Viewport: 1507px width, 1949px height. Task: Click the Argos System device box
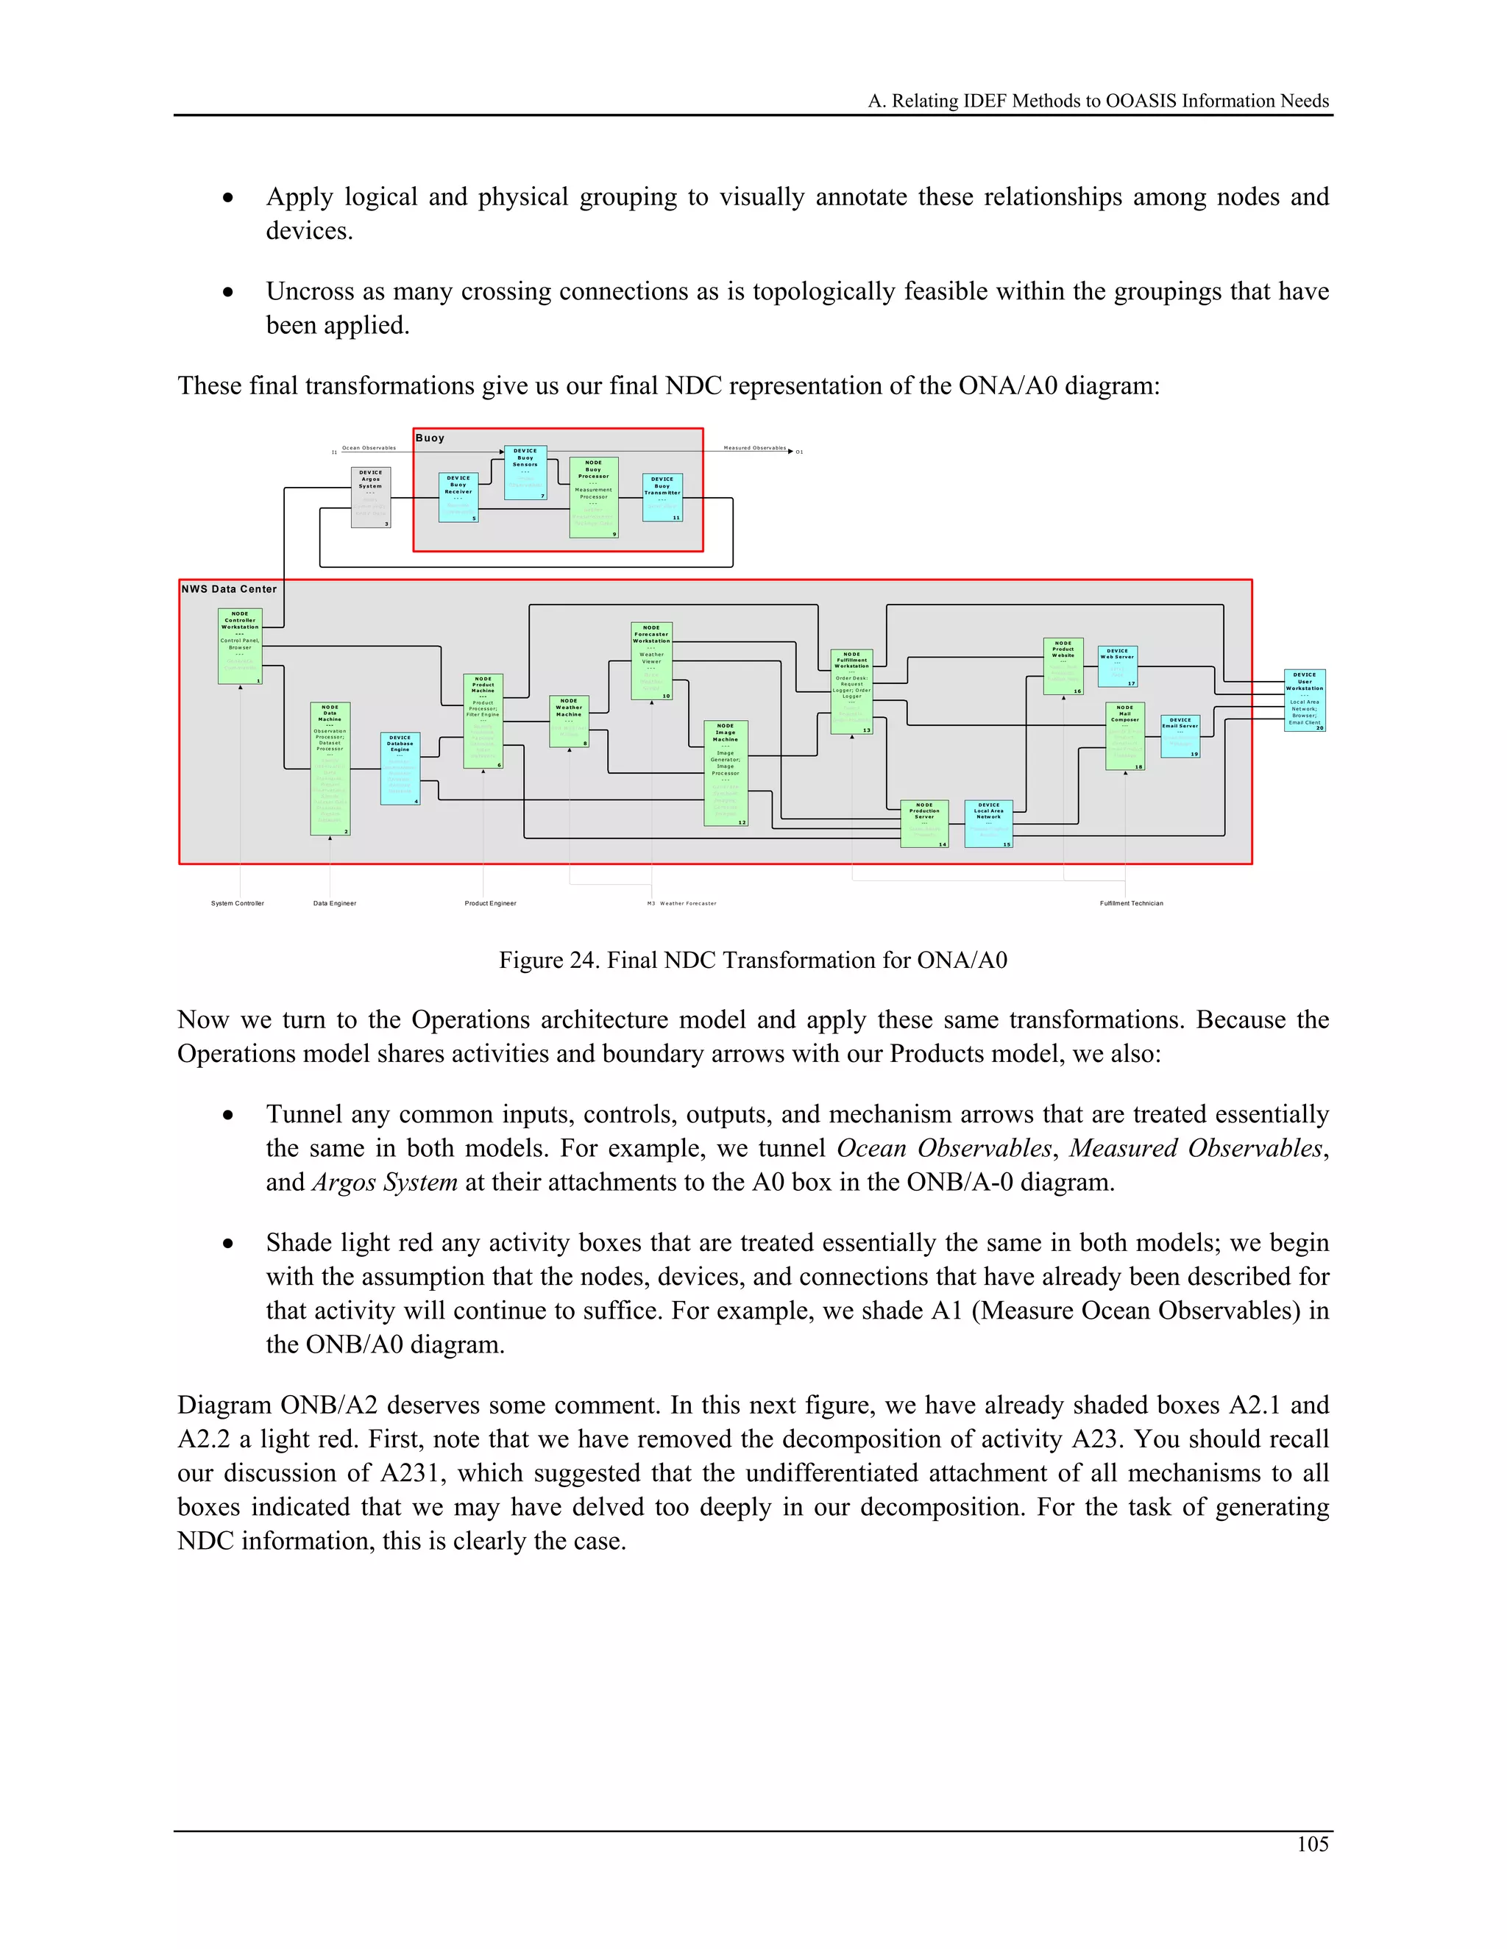point(371,497)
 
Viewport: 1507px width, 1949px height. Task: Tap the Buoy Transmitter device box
point(662,497)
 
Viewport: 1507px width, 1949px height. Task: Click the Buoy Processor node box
point(594,498)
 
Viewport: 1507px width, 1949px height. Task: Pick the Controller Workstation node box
point(240,646)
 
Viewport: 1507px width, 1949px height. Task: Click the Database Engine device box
point(400,769)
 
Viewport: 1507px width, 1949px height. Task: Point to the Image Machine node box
point(726,773)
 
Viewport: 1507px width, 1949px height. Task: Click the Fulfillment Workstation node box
point(851,691)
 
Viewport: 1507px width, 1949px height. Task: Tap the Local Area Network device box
point(988,823)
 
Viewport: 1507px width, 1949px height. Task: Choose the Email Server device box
point(1180,736)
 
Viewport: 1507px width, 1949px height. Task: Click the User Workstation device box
point(1305,700)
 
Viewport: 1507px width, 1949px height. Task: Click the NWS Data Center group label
point(230,589)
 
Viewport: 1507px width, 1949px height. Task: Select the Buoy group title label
point(430,438)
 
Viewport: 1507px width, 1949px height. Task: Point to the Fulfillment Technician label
point(1131,903)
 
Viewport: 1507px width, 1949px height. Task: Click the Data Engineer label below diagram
point(335,903)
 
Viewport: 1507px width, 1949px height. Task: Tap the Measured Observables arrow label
point(754,448)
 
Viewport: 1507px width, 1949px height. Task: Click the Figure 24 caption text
point(753,961)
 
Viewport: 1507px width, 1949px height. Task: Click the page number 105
point(1313,1844)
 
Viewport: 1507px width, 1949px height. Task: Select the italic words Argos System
point(385,1183)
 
